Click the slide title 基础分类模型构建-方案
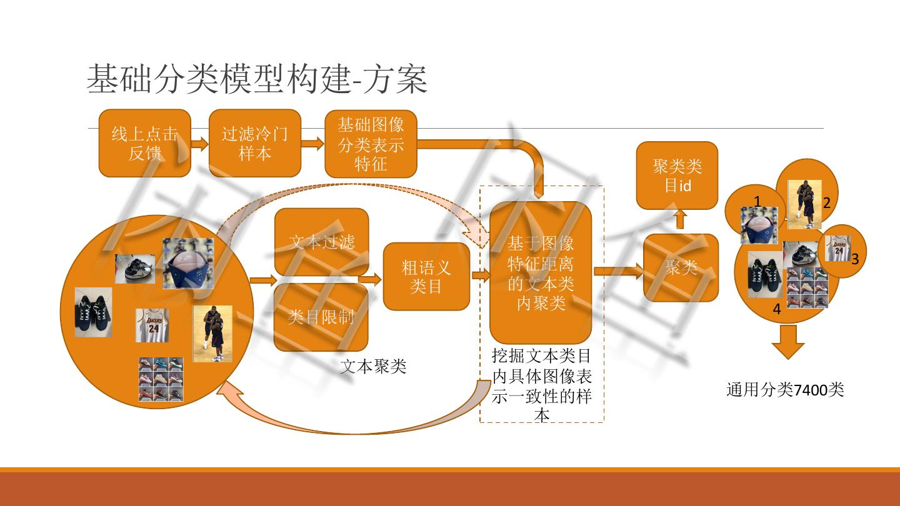click(x=257, y=79)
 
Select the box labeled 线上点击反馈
click(x=144, y=143)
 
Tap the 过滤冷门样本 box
click(x=254, y=143)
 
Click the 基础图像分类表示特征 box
click(x=371, y=143)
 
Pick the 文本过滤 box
click(x=321, y=241)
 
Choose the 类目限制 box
click(x=321, y=317)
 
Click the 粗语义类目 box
click(x=426, y=277)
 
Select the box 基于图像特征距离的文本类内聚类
click(x=541, y=272)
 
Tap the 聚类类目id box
click(x=677, y=175)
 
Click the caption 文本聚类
click(x=373, y=366)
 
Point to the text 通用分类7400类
click(x=785, y=390)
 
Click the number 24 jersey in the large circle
click(x=152, y=325)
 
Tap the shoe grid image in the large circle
click(x=161, y=379)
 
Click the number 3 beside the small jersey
click(x=855, y=259)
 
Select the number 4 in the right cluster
click(x=777, y=309)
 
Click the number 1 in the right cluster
click(x=757, y=202)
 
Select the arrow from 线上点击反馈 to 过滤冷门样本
click(x=199, y=144)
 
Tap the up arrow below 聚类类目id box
click(x=681, y=219)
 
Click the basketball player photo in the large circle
click(x=212, y=334)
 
